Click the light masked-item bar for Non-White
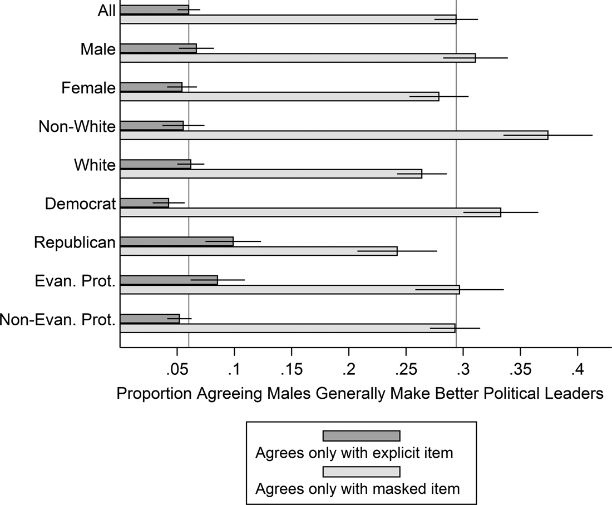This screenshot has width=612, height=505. pos(334,135)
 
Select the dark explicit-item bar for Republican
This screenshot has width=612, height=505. pos(176,241)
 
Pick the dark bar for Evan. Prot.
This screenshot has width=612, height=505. pos(169,280)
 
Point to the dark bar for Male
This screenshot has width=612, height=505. pos(158,48)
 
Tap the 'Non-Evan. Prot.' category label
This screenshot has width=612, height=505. pos(58,319)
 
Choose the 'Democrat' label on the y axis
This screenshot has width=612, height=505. pos(80,204)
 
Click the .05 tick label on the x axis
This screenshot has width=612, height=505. pos(177,369)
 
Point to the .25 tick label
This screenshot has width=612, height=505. pos(406,369)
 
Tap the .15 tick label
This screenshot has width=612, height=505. pos(292,369)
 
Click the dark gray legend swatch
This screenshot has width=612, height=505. pos(361,435)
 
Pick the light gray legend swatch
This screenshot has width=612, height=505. pos(361,472)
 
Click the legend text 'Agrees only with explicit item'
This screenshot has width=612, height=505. pos(354,453)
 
